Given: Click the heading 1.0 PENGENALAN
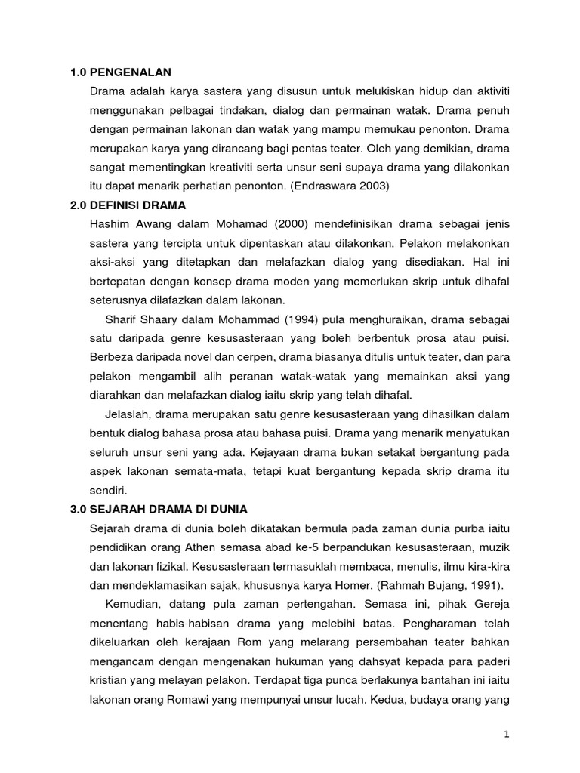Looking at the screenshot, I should tap(121, 72).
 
